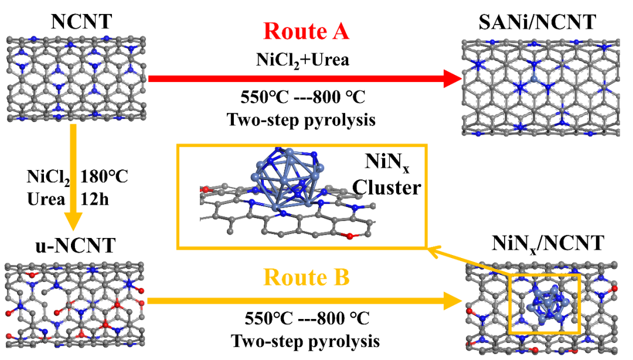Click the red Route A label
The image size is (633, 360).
pyautogui.click(x=307, y=31)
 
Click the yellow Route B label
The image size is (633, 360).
pyautogui.click(x=307, y=277)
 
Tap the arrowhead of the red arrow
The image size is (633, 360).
pyautogui.click(x=451, y=79)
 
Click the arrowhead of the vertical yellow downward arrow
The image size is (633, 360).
pyautogui.click(x=73, y=225)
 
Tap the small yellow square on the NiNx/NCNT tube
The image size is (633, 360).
pyautogui.click(x=544, y=303)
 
